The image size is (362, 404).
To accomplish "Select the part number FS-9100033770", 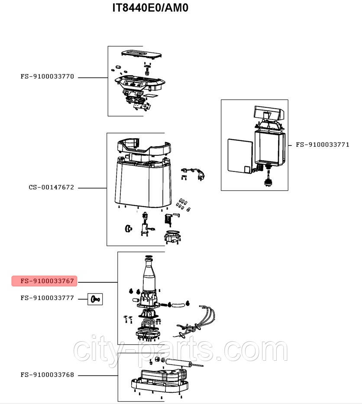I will point(47,77).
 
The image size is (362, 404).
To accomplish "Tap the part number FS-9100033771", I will point(322,145).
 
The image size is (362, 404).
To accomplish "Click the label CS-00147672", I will point(51,187).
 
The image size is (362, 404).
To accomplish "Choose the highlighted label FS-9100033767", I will point(44,281).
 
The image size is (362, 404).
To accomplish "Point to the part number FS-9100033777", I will point(47,298).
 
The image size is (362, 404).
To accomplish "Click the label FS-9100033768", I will point(47,375).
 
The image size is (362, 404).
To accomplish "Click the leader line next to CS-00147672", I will point(92,188).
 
